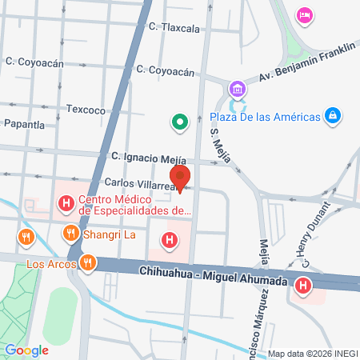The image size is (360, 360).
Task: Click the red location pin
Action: click(x=181, y=177)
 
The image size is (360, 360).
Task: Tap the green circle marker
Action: click(x=181, y=122)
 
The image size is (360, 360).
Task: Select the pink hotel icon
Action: click(x=304, y=14)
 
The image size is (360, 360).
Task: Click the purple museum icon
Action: click(x=236, y=88)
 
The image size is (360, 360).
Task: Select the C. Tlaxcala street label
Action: click(x=174, y=27)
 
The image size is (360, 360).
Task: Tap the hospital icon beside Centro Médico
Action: click(x=66, y=205)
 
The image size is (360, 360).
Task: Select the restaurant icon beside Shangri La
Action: click(x=70, y=234)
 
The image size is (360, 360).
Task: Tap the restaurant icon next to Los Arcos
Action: click(x=86, y=262)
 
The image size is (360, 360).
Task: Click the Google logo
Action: click(x=26, y=350)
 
